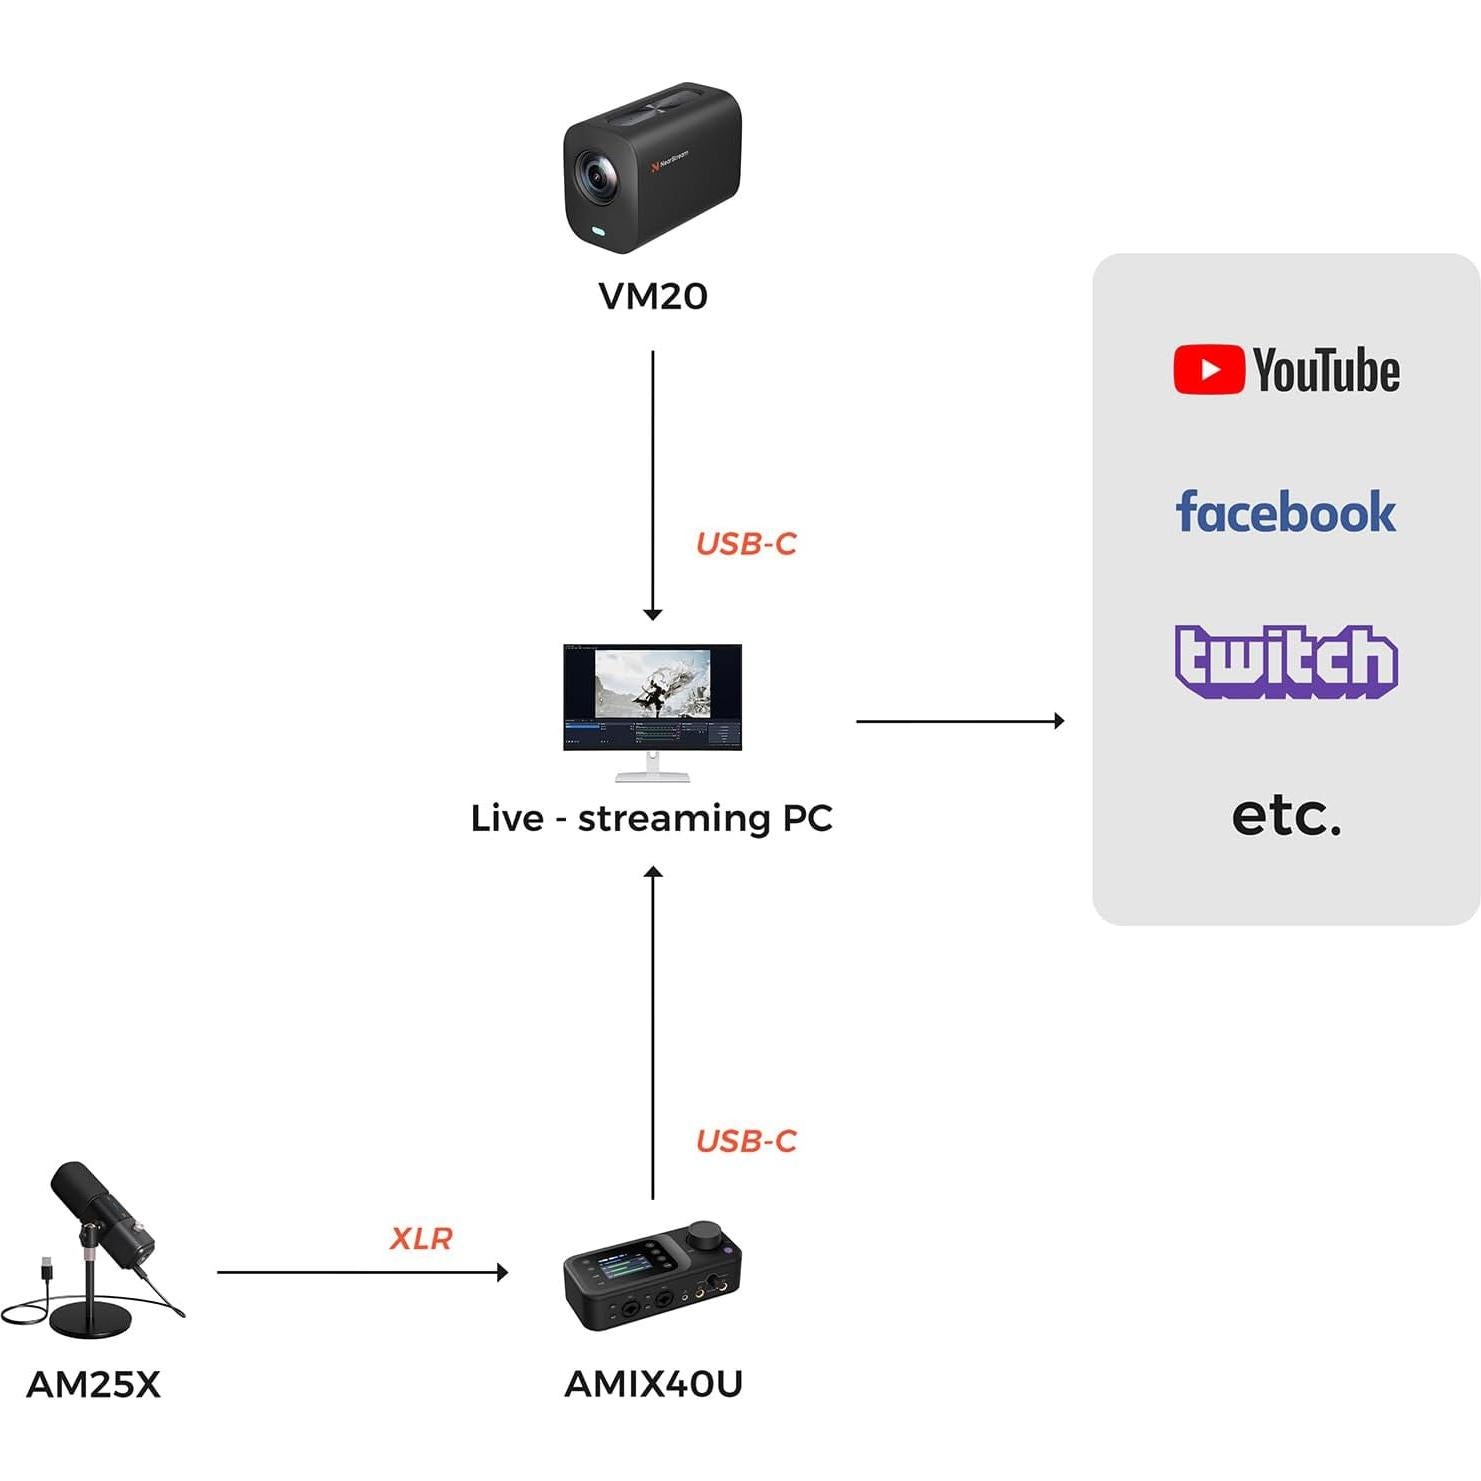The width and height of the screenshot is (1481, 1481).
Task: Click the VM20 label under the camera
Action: click(x=652, y=296)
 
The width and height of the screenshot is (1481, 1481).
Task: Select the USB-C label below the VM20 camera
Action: click(x=746, y=544)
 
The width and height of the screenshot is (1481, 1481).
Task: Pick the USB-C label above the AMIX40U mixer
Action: click(x=746, y=1141)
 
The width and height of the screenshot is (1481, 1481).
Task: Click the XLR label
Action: click(x=421, y=1239)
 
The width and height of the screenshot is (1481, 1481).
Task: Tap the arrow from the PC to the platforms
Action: click(x=960, y=721)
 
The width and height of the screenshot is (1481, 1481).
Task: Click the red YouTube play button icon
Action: click(x=1208, y=370)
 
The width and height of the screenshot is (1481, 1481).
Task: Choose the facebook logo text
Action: click(x=1285, y=512)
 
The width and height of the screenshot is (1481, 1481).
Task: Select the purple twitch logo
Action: click(x=1285, y=660)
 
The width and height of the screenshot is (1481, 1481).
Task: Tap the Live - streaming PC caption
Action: click(x=652, y=818)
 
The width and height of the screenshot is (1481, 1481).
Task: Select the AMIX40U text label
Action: click(x=653, y=1384)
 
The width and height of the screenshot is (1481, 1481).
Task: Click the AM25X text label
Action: click(x=93, y=1385)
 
